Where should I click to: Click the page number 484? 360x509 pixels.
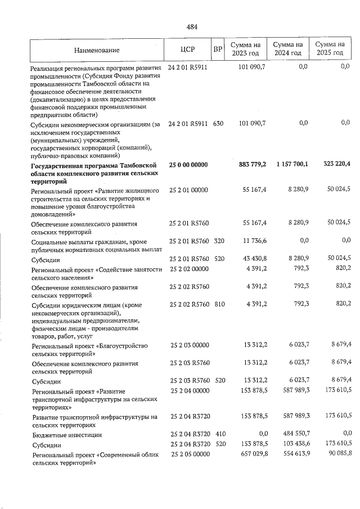pos(191,26)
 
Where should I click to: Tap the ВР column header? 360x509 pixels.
pos(217,49)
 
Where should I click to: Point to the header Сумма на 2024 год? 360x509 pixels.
pos(288,48)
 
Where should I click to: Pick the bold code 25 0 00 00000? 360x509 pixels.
pos(188,164)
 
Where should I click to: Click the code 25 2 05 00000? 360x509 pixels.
pos(188,453)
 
